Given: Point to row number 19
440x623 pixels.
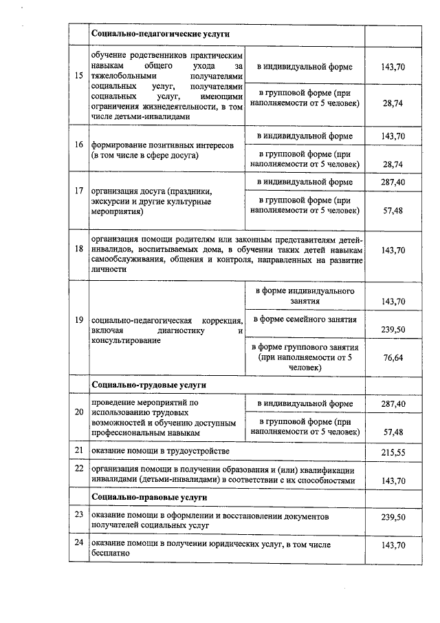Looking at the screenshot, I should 79,320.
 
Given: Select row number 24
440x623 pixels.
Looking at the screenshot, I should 79,544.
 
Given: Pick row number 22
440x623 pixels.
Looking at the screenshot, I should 79,468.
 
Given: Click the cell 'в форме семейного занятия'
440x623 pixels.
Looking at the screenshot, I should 305,319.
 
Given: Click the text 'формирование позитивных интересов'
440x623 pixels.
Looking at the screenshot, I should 162,146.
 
